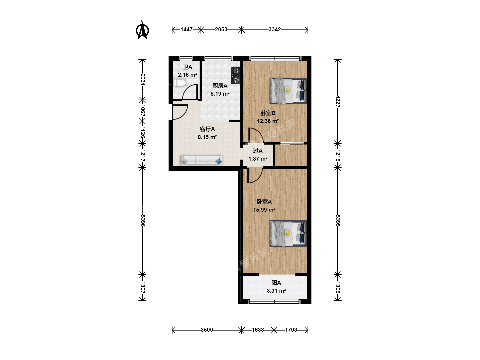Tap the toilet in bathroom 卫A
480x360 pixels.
point(180,83)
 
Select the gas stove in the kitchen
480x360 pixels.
point(236,75)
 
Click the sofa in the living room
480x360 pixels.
point(202,160)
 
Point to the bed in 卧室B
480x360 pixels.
point(288,90)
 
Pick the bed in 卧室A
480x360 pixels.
point(288,233)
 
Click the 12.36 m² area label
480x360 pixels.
point(268,121)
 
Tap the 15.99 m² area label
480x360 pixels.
point(264,210)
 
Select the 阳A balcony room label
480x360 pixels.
point(276,283)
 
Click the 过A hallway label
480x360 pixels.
point(258,151)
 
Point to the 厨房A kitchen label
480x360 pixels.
point(220,86)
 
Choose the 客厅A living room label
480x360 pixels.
point(207,129)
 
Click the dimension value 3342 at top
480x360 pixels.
point(275,30)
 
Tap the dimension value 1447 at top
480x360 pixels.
point(187,30)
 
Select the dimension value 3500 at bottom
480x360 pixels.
point(207,330)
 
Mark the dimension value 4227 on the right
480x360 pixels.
point(338,101)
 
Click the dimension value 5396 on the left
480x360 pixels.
point(143,221)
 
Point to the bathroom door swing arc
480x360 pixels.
point(190,92)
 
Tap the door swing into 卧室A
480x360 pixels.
point(255,176)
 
